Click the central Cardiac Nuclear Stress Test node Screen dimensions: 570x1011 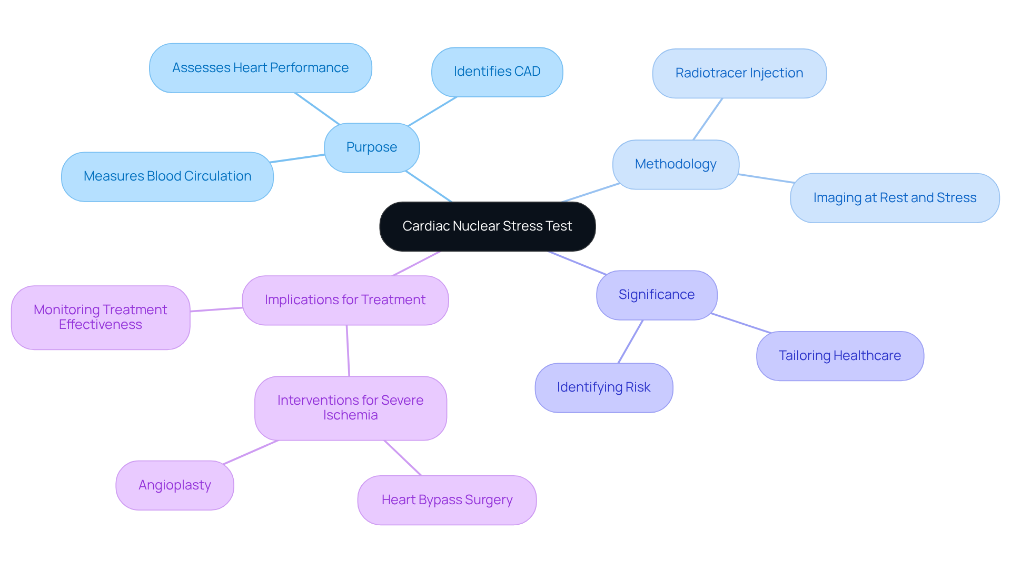click(x=487, y=226)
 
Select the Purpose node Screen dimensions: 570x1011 click(x=372, y=147)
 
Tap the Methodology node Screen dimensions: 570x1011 click(x=676, y=164)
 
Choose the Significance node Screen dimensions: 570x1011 click(x=657, y=295)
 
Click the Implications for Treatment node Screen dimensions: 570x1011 click(x=345, y=300)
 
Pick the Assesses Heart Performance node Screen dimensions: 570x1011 click(x=260, y=68)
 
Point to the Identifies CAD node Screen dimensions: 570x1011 click(x=497, y=72)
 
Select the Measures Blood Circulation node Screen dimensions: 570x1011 click(x=167, y=176)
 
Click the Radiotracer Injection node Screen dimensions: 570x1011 click(x=739, y=73)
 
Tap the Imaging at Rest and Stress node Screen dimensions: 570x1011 click(x=895, y=198)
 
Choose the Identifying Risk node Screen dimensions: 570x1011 click(x=603, y=387)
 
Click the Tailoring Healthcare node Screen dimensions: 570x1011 click(x=840, y=356)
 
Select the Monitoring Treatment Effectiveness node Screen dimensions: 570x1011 click(x=101, y=317)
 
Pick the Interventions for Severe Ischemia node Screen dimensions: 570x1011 click(x=350, y=408)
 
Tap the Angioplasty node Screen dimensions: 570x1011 click(x=175, y=485)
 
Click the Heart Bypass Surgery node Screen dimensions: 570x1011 click(x=447, y=500)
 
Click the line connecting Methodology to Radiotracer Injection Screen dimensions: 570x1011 click(x=708, y=119)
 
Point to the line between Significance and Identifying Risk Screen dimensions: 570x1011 click(x=630, y=342)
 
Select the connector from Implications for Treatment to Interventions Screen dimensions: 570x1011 click(x=348, y=351)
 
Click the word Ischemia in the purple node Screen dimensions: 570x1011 click(x=350, y=415)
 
